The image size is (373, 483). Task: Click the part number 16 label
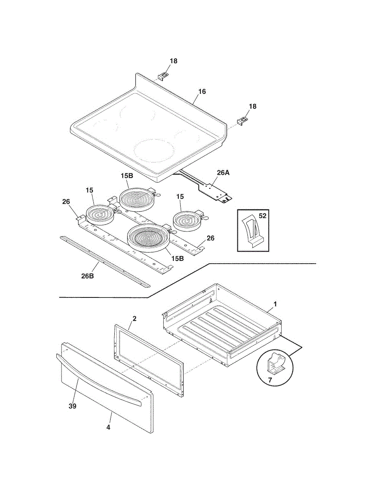click(202, 92)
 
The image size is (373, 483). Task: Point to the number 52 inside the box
click(262, 216)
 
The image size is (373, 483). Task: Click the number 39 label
click(72, 406)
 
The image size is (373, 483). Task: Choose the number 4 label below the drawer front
click(108, 427)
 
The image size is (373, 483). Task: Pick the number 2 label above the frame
click(134, 319)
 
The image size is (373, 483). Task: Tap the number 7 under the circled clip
click(270, 380)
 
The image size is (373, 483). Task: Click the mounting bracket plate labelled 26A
click(216, 191)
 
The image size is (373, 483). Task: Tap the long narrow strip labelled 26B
click(105, 262)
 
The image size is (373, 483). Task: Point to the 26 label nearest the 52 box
click(210, 238)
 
